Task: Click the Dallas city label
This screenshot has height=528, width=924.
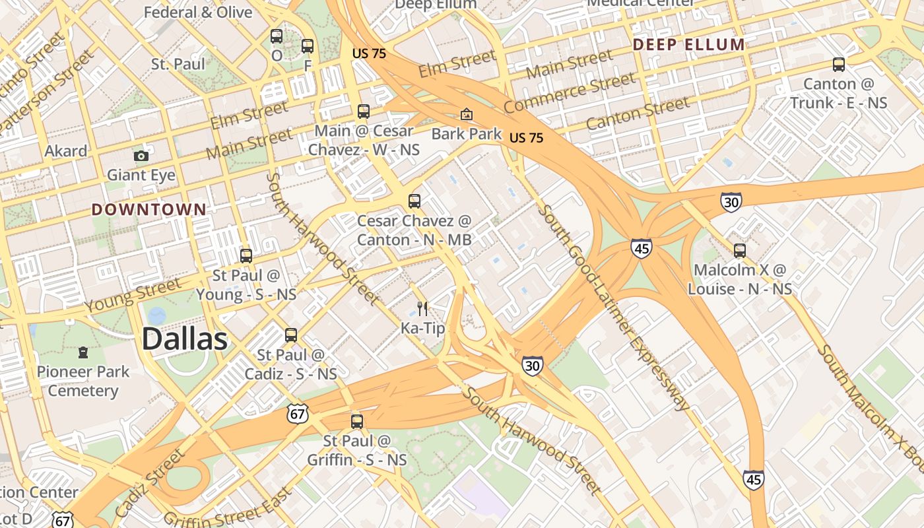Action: (185, 339)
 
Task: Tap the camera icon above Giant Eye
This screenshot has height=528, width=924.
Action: (141, 156)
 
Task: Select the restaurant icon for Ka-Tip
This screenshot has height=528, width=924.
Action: (422, 308)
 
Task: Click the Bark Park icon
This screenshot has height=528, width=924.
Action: (467, 115)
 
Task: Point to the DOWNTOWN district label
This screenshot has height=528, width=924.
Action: (148, 210)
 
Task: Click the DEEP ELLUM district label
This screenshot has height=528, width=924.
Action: (688, 45)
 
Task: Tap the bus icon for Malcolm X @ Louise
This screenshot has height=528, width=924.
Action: (740, 251)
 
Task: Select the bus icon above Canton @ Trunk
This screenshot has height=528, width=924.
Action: (839, 65)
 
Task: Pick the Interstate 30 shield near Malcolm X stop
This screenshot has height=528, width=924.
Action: (731, 202)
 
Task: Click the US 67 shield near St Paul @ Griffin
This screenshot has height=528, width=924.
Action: (297, 414)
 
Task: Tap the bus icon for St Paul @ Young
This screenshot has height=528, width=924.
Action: (246, 256)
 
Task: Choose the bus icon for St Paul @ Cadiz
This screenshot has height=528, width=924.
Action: (291, 335)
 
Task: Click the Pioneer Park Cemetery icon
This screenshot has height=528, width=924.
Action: (83, 352)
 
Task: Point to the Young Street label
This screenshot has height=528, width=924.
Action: (133, 296)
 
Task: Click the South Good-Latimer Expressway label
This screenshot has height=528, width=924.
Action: (614, 307)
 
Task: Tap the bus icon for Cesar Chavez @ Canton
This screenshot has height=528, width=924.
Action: (414, 201)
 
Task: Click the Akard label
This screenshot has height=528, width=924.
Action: (65, 151)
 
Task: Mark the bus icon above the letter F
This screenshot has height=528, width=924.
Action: (308, 46)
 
